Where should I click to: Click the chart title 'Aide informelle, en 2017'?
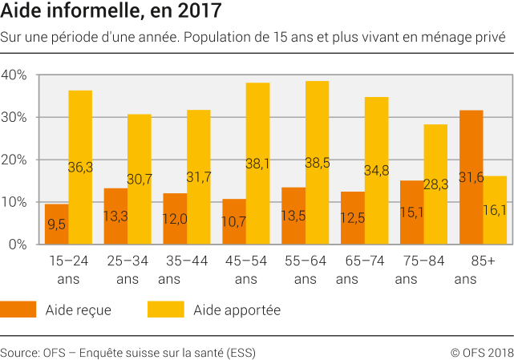pos(111,12)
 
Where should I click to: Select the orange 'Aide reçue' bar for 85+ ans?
pos(472,177)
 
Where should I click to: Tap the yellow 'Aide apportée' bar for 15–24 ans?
pos(80,168)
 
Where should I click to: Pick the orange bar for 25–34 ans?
pos(115,216)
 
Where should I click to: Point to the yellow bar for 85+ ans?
pos(495,210)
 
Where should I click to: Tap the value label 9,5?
pos(56,225)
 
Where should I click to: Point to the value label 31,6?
pos(472,177)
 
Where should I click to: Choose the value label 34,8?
pos(376,170)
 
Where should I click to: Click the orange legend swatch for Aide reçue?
pos(18,309)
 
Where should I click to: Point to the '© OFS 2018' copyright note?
pos(481,351)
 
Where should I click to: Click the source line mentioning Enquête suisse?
pos(128,351)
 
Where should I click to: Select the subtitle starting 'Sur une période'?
pos(253,37)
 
